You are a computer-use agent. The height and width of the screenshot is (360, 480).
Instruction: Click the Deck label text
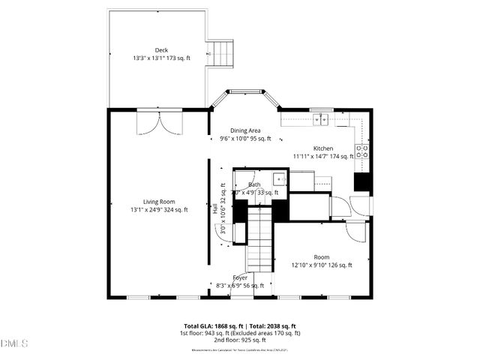(161, 49)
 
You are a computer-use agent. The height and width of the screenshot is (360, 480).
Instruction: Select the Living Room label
(158, 201)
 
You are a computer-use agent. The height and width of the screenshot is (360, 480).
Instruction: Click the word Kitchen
(323, 148)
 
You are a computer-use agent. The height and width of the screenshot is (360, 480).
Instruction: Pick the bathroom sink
(278, 178)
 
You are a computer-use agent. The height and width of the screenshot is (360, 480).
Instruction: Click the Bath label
(255, 184)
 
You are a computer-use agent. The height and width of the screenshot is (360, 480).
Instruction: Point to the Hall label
(215, 211)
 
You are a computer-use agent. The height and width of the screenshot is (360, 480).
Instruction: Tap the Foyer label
(240, 277)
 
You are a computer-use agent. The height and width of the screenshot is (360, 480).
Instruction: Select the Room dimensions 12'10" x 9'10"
(321, 265)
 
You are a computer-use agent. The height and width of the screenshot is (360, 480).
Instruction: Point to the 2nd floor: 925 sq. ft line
(240, 340)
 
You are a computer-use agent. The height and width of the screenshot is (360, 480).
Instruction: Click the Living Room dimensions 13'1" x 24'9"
(158, 210)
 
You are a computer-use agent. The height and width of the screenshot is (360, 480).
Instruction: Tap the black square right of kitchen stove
(363, 182)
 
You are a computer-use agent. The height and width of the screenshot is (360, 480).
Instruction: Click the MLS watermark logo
(14, 343)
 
